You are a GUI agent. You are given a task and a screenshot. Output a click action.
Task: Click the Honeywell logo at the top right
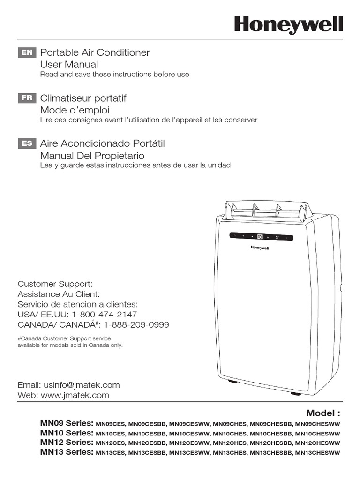[x=289, y=24]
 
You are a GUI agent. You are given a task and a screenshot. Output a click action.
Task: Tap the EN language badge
[x=27, y=53]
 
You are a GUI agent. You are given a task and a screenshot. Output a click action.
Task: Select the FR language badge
[x=27, y=98]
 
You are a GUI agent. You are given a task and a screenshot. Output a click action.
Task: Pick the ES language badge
[x=27, y=144]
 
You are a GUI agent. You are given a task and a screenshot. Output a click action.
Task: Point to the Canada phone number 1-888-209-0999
[x=136, y=325]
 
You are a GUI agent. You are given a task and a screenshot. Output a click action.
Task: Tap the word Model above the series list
[x=321, y=413]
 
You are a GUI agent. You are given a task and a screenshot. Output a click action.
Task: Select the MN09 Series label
[x=67, y=423]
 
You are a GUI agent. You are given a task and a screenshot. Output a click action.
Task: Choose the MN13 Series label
[x=67, y=452]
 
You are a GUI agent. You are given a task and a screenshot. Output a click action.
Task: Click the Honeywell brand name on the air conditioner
[x=259, y=247]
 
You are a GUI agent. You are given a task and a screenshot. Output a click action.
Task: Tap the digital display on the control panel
[x=260, y=237]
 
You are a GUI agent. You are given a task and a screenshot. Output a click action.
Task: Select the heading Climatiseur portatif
[x=83, y=98]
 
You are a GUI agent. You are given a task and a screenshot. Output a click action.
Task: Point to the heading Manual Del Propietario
[x=92, y=156]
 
